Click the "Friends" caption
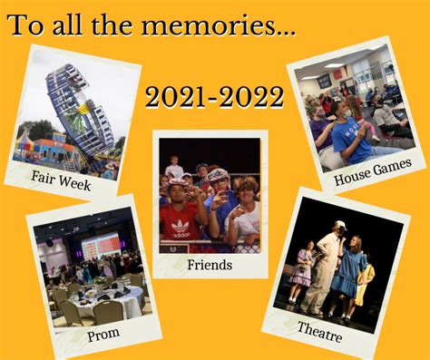point(210,265)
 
